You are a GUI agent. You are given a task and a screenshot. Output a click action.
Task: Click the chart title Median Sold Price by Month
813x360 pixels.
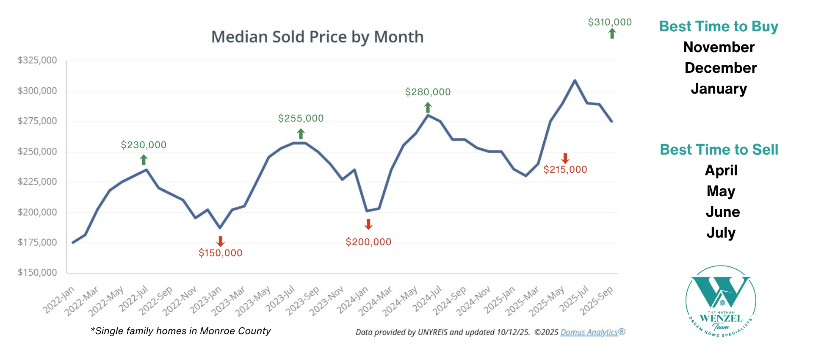click(x=317, y=37)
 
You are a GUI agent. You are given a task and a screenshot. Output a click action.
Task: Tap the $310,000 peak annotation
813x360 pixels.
click(x=610, y=22)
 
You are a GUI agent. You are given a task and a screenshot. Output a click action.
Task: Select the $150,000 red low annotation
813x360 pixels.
click(x=220, y=253)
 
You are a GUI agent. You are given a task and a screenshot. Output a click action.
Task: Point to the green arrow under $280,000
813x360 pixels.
click(x=428, y=107)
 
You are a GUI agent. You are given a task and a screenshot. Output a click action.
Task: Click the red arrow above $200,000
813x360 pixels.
click(x=368, y=224)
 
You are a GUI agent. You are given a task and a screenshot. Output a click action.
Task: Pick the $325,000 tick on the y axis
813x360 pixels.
click(x=37, y=60)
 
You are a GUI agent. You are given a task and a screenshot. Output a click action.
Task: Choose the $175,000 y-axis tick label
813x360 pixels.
click(x=37, y=242)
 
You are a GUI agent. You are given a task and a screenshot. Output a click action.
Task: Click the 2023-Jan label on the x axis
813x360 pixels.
click(x=206, y=300)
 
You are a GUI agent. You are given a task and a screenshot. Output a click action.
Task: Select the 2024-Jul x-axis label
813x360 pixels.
click(x=427, y=299)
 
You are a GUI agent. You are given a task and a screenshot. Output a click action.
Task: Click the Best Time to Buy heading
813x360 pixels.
click(x=719, y=26)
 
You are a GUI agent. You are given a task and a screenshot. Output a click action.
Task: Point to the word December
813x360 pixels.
click(x=720, y=68)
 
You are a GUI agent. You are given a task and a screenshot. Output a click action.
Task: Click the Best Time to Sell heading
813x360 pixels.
click(x=719, y=150)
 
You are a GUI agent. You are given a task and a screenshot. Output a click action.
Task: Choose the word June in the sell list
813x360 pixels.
click(x=722, y=212)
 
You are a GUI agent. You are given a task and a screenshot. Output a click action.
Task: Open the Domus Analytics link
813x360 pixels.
click(x=589, y=332)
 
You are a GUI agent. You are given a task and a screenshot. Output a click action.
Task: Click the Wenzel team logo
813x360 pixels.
click(x=721, y=301)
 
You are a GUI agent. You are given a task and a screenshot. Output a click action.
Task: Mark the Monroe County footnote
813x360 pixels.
click(x=181, y=331)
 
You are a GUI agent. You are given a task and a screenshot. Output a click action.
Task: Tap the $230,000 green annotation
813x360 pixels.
click(x=144, y=145)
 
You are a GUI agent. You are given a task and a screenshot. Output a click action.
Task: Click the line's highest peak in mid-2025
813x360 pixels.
click(x=575, y=80)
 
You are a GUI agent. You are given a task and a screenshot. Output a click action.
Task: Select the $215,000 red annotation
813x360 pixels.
click(x=565, y=169)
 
